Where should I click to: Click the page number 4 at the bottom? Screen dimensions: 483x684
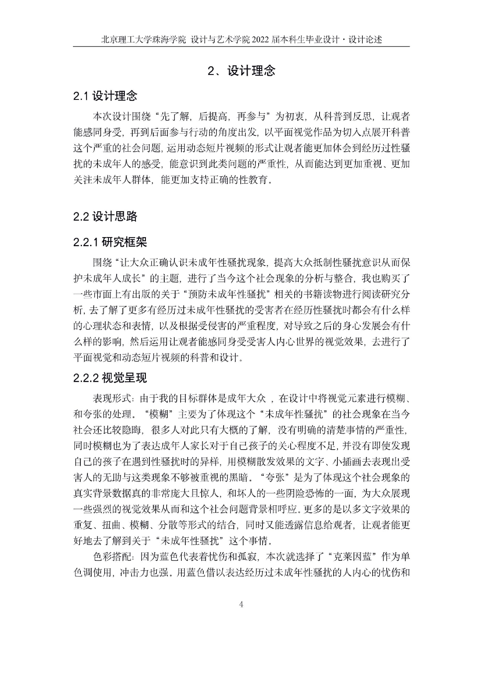pyautogui.click(x=241, y=604)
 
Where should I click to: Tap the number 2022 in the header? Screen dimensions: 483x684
pyautogui.click(x=263, y=39)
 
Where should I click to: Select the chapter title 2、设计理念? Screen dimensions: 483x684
pyautogui.click(x=241, y=71)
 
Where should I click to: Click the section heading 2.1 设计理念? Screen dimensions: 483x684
pyautogui.click(x=105, y=96)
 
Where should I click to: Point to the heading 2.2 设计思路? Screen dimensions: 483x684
pyautogui.click(x=105, y=216)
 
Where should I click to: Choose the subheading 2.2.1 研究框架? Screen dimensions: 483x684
pyautogui.click(x=110, y=242)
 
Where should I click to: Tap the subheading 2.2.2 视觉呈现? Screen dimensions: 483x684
pyautogui.click(x=110, y=377)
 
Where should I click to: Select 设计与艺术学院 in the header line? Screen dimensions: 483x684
pyautogui.click(x=221, y=39)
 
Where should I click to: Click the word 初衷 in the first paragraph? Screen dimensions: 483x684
pyautogui.click(x=291, y=117)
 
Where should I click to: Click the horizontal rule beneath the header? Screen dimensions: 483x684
pyautogui.click(x=241, y=47)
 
